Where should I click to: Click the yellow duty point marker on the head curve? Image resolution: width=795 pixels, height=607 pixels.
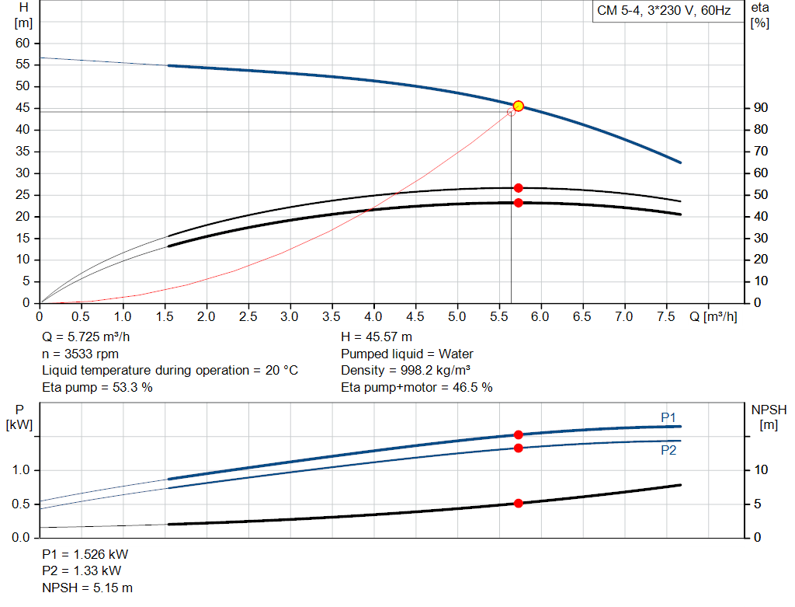tap(519, 106)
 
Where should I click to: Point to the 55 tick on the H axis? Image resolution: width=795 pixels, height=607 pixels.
tap(23, 65)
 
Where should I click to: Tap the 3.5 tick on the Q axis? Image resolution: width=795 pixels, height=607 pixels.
tap(332, 317)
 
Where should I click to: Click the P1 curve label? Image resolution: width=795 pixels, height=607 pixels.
tap(668, 417)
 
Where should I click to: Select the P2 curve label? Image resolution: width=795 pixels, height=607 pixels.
tap(668, 450)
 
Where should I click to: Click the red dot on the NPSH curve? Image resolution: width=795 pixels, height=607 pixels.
tap(519, 504)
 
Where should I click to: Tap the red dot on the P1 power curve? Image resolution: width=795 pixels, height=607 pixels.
tap(519, 435)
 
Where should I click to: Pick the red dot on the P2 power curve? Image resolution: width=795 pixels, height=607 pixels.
tap(519, 448)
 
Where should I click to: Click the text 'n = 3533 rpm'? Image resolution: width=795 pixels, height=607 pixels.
tap(80, 354)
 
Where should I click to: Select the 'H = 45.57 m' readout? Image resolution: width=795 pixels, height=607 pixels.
tap(377, 337)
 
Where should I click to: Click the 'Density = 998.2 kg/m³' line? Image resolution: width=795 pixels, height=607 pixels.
tap(406, 370)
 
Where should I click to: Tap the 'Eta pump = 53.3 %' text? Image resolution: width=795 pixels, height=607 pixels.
tap(97, 386)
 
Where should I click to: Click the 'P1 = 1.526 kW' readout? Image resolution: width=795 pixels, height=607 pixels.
tap(85, 555)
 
